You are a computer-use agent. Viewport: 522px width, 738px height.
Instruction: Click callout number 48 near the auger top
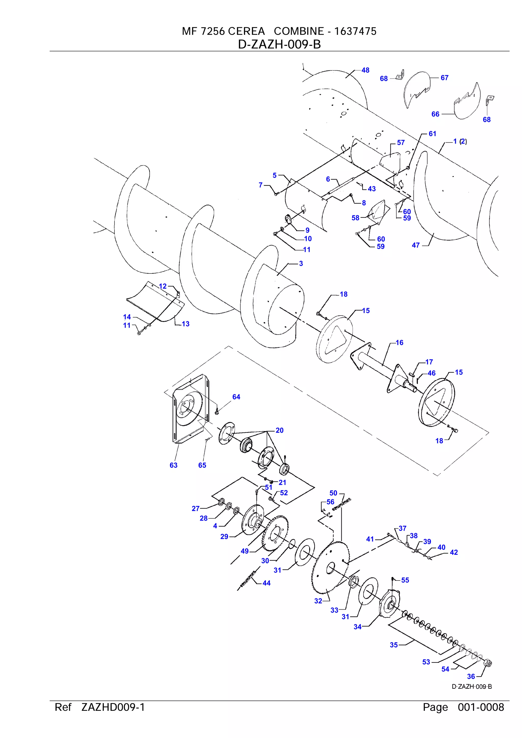pos(365,70)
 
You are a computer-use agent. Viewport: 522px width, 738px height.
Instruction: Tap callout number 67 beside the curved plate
pos(444,77)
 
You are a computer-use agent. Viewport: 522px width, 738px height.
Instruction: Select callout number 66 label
pos(435,114)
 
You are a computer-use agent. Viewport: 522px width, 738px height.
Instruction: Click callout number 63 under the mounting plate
pos(173,465)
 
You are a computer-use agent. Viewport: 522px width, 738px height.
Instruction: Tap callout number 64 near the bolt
pos(236,397)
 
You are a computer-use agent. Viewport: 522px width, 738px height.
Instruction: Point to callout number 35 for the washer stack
pos(394,645)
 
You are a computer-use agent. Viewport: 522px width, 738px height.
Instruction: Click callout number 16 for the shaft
pos(399,343)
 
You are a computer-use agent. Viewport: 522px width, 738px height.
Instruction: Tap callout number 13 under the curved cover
pos(186,324)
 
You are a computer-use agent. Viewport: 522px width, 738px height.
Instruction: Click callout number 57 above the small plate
pos(400,142)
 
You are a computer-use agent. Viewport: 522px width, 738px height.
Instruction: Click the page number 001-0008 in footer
pos(480,707)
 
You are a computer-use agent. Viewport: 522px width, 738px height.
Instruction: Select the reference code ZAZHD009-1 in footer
pos(113,707)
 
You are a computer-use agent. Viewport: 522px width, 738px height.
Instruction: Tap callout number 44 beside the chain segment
pos(266,583)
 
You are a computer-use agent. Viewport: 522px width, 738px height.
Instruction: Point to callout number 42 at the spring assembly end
pos(453,552)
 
